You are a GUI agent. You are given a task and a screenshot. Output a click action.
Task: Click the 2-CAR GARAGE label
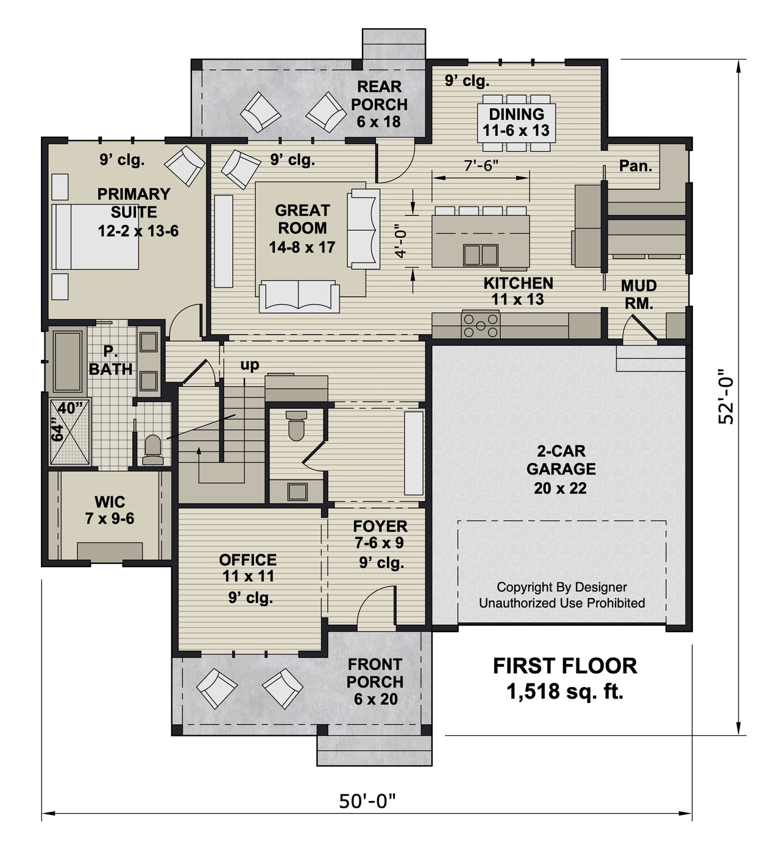[561, 469]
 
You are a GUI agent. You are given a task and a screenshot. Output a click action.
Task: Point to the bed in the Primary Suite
[96, 236]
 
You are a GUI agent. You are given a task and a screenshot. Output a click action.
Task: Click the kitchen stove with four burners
[481, 325]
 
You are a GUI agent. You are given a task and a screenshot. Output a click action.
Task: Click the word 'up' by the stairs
[249, 365]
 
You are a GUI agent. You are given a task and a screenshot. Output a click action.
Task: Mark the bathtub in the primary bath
[68, 361]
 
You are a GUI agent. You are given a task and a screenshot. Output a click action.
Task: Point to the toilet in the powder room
[297, 426]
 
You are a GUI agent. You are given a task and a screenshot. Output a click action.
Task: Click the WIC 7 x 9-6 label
[110, 510]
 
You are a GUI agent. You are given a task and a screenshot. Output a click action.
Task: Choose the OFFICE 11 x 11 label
[247, 568]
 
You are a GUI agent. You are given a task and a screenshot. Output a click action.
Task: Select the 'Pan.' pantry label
[636, 165]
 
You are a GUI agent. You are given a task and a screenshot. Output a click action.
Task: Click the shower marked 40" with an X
[69, 432]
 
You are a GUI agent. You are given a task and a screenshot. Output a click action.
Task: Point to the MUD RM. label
[639, 294]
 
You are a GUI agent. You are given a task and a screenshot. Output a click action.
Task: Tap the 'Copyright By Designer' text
[561, 587]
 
